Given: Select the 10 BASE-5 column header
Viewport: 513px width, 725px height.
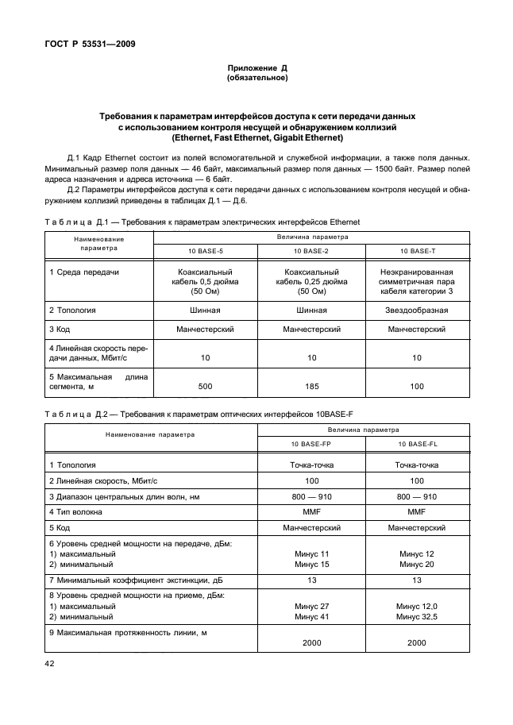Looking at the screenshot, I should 206,251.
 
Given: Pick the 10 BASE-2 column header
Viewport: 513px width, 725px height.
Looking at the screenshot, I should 311,251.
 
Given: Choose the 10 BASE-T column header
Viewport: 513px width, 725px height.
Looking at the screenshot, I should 417,251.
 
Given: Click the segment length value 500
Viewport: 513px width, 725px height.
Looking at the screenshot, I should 206,386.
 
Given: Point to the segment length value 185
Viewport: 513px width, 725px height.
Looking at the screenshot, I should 311,386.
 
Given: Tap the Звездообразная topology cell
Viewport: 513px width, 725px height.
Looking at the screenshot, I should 417,310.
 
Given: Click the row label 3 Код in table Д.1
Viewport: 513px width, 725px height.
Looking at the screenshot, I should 64,329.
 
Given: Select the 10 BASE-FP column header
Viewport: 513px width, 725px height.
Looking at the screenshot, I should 311,444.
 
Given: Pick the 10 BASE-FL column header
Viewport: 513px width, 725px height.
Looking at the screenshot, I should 418,444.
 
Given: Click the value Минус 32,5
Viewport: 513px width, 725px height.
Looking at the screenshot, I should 418,616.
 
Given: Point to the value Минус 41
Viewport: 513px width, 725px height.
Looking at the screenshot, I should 311,616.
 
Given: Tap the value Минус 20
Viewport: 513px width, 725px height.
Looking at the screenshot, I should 418,565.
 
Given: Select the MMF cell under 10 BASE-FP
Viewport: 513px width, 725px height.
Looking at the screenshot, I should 311,511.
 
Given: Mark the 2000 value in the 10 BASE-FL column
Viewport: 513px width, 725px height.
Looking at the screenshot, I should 418,642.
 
